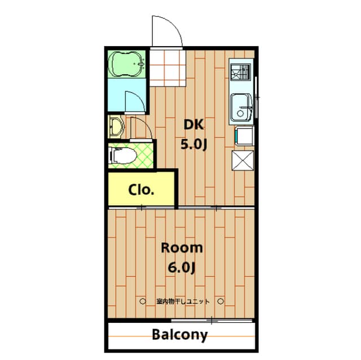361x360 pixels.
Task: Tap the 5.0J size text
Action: [194, 145]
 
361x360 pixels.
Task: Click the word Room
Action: [182, 248]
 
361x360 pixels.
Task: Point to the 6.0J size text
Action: [182, 267]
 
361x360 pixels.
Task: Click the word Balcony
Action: [180, 335]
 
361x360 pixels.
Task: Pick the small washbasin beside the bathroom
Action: [115, 126]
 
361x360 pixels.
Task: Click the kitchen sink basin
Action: [241, 105]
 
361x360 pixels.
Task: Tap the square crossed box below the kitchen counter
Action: [243, 161]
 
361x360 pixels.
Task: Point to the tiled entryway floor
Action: [167, 68]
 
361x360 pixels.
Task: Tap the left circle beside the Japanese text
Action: [143, 301]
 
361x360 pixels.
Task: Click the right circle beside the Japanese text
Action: [222, 301]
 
